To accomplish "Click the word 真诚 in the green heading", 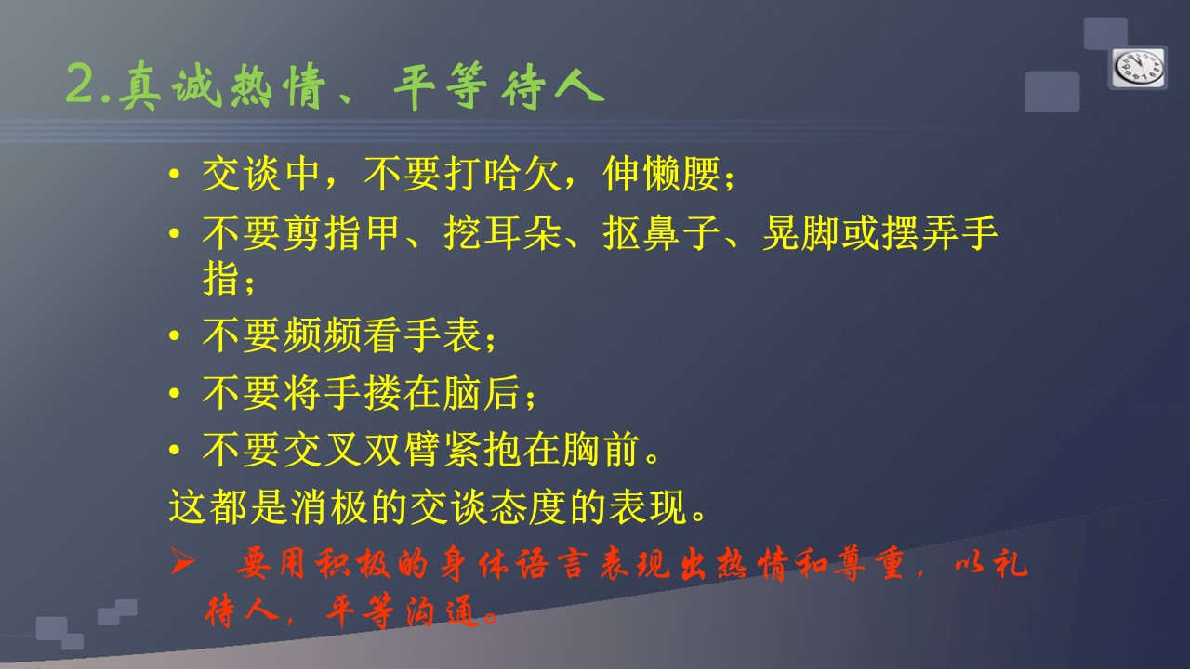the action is (169, 85).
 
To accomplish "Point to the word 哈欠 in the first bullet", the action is (522, 174).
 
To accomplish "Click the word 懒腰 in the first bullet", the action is (681, 174).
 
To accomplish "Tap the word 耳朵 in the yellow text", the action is (522, 232).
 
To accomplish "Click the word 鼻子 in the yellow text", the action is (681, 232).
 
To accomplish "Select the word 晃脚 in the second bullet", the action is (801, 232).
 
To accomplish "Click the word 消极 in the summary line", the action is (329, 506).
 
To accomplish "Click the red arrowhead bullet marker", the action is (182, 562).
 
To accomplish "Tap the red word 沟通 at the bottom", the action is (441, 611).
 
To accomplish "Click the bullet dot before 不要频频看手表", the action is (174, 336).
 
